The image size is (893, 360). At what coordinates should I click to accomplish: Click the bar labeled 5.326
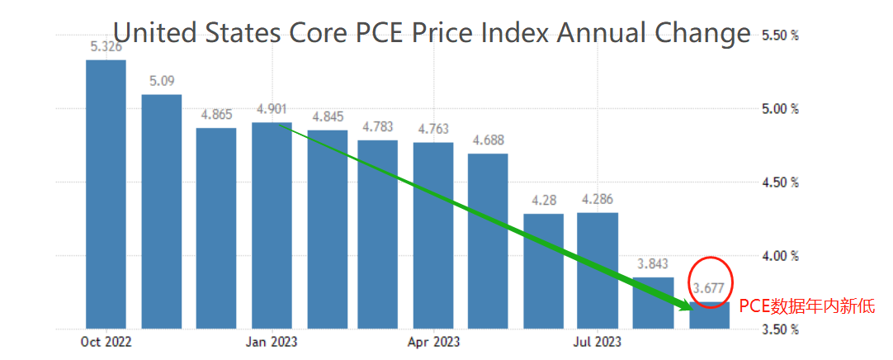[x=106, y=194]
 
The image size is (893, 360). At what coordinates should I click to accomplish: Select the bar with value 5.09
[x=162, y=211]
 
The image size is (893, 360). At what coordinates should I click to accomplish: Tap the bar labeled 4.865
[x=216, y=228]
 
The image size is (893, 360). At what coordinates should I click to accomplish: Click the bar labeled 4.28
[x=543, y=271]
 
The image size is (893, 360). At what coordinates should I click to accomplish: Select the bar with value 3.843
[x=652, y=302]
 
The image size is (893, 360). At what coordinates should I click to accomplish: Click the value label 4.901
[x=272, y=110]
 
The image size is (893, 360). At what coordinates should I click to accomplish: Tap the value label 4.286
[x=597, y=199]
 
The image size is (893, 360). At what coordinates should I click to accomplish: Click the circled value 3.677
[x=709, y=288]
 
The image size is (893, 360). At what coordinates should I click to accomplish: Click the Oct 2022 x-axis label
[x=106, y=341]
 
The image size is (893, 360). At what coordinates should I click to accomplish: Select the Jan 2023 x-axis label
[x=272, y=341]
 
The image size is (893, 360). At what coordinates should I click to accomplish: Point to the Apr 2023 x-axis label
[x=434, y=341]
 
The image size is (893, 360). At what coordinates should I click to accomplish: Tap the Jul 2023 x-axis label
[x=597, y=341]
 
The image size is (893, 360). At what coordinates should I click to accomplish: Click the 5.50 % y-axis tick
[x=780, y=36]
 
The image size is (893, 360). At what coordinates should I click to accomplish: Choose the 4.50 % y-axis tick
[x=780, y=182]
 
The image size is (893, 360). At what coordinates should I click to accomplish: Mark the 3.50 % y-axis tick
[x=780, y=329]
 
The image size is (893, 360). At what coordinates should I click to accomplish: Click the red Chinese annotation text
[x=806, y=306]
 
